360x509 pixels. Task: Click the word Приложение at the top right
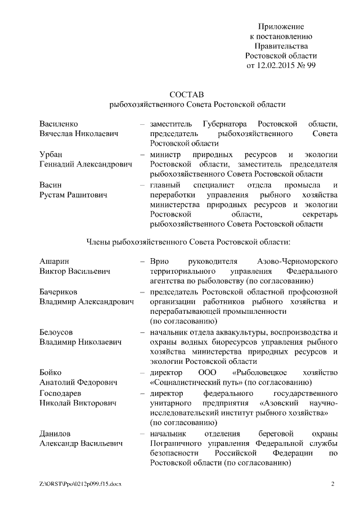[281, 26]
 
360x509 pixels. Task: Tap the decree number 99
[311, 65]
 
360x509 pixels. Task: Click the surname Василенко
[58, 123]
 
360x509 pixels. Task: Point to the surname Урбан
[51, 154]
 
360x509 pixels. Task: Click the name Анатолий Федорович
[78, 382]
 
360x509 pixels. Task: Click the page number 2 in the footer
[332, 484]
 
